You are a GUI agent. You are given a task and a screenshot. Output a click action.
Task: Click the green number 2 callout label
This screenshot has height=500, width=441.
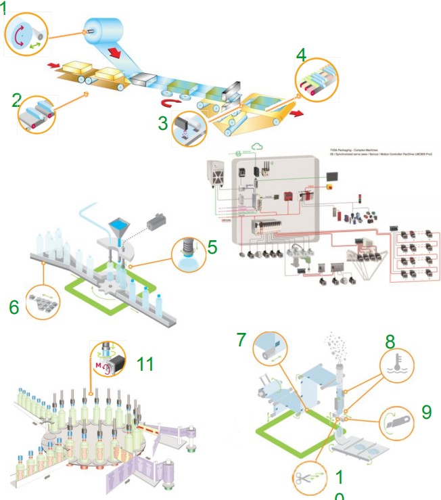coord(17,101)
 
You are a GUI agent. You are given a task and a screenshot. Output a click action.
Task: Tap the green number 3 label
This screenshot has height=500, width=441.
coord(162,124)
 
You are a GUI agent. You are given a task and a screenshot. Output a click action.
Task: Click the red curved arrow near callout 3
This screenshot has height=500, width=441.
coord(170,103)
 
